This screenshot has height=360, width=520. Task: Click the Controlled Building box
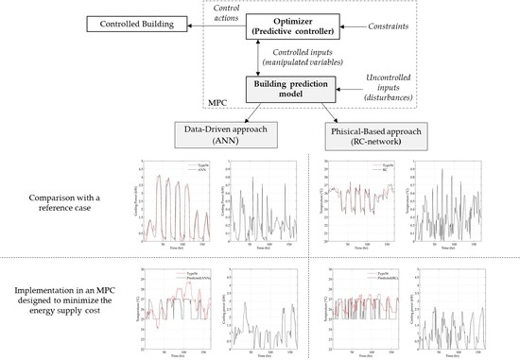tap(62, 22)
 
